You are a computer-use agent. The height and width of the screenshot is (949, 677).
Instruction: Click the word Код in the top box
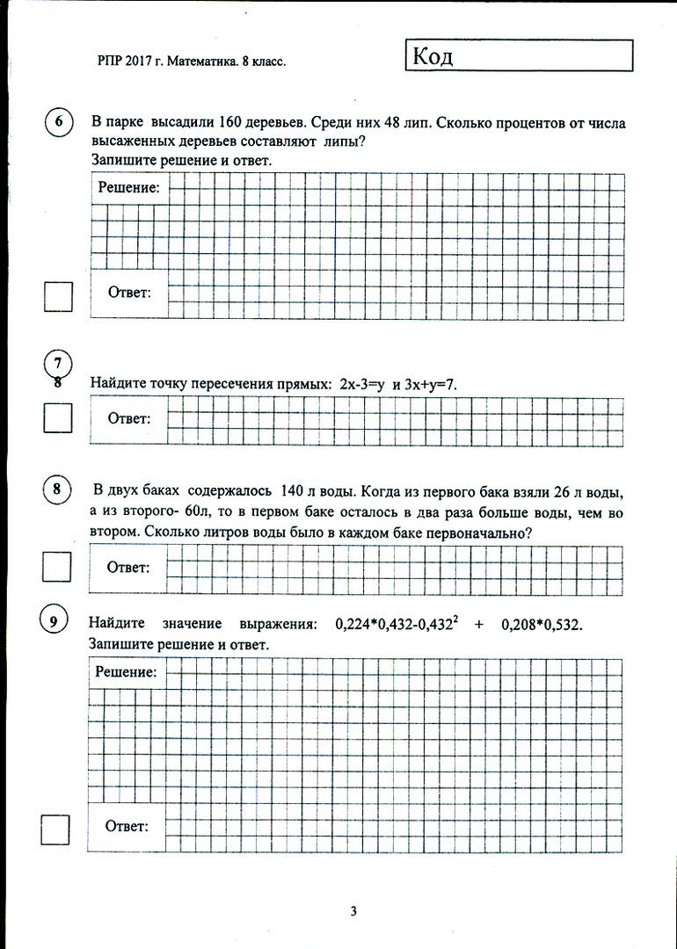[x=431, y=58]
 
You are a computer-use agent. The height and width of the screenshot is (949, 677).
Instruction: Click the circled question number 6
[x=58, y=123]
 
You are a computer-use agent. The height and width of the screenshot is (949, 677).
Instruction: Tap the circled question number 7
[x=58, y=363]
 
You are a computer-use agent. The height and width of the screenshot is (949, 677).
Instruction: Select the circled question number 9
[x=54, y=622]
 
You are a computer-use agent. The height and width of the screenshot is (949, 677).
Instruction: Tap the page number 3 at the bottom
[x=353, y=911]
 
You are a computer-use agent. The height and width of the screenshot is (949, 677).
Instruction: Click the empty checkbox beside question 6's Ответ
[x=58, y=297]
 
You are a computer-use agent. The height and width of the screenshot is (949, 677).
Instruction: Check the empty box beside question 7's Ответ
[x=58, y=417]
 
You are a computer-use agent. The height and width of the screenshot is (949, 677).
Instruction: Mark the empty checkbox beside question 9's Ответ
[x=55, y=829]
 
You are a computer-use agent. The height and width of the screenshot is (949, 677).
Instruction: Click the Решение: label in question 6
[x=128, y=187]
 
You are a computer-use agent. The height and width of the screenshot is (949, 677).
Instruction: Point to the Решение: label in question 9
[x=126, y=673]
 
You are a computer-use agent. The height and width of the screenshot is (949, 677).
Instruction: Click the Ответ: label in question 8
[x=128, y=568]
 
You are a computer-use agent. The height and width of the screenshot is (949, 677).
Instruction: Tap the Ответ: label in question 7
[x=129, y=418]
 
